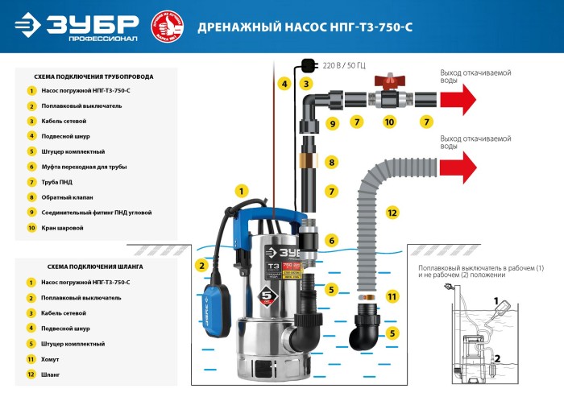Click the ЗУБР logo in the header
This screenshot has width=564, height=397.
[77, 26]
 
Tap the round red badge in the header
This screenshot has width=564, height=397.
[167, 26]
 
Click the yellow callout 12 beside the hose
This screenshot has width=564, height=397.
[392, 213]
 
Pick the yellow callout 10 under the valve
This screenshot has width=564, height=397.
[389, 122]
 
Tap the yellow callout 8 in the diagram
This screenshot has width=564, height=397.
[331, 163]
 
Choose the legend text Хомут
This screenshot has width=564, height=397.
[50, 359]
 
